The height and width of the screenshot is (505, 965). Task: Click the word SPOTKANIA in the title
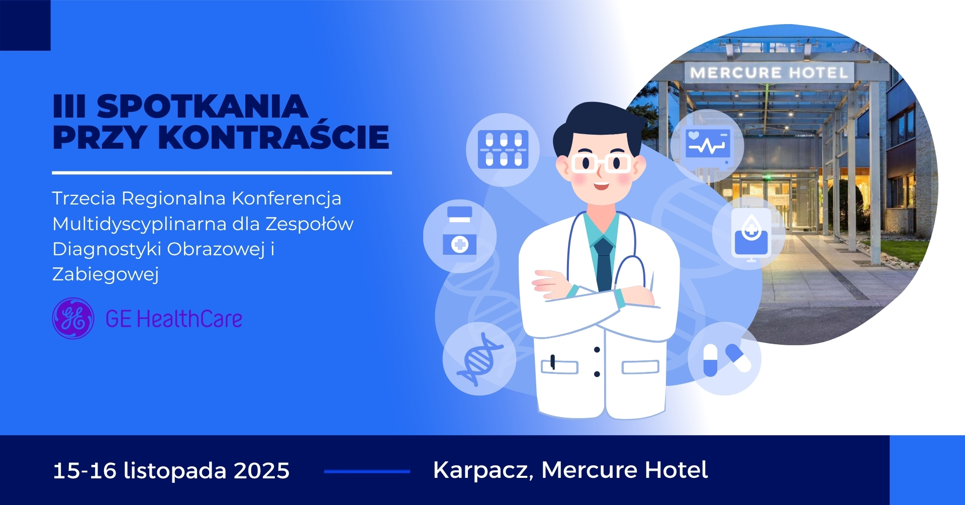(x=202, y=107)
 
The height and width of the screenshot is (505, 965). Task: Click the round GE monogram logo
(x=73, y=319)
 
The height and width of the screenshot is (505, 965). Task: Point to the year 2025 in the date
(x=262, y=471)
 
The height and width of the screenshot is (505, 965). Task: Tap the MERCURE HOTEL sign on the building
(x=768, y=73)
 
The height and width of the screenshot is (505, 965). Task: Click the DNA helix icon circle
(x=479, y=359)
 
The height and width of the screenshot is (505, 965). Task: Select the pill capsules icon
(x=725, y=359)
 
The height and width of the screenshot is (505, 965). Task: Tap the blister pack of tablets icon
(x=503, y=150)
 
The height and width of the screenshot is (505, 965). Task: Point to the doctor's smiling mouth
(x=601, y=186)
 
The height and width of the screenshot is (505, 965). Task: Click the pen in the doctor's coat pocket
(x=553, y=362)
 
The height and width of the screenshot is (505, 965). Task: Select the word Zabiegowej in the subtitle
(x=106, y=274)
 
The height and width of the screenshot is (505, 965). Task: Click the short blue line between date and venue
(x=367, y=471)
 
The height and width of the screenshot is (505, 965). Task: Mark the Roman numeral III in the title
(x=69, y=107)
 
